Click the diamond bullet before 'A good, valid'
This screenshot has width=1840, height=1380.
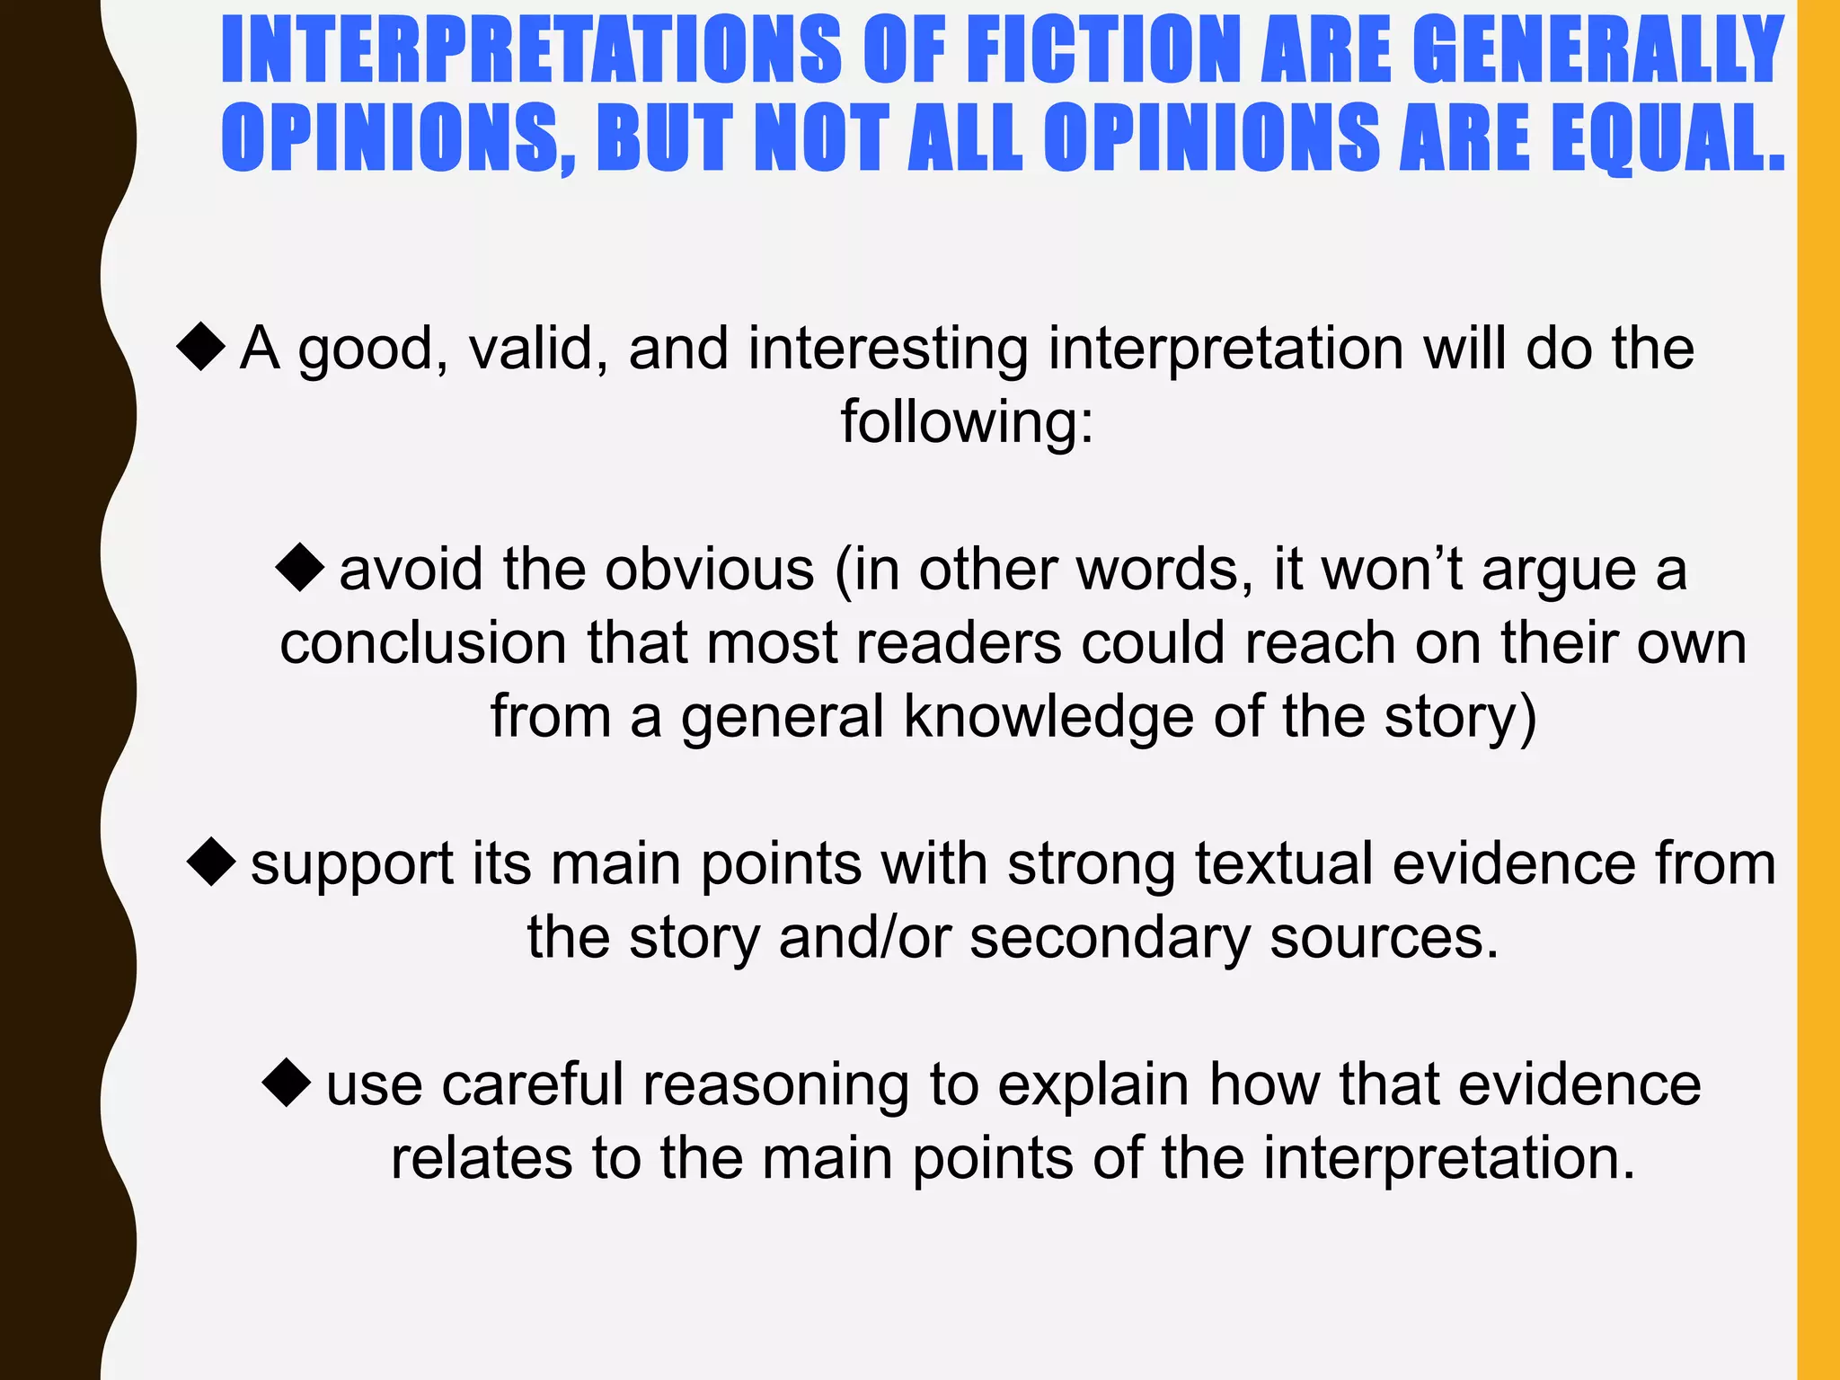point(201,347)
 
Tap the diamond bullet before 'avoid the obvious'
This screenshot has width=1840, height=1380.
point(300,568)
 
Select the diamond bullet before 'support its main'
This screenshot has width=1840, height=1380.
point(212,862)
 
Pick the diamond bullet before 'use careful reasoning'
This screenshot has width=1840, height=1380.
point(287,1083)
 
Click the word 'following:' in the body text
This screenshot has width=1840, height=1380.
point(967,422)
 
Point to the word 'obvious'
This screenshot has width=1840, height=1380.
point(710,570)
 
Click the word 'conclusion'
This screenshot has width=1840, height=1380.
point(423,643)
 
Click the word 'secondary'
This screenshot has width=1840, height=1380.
point(1110,938)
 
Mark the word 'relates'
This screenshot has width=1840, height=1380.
point(481,1158)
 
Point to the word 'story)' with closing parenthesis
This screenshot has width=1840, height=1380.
point(1461,717)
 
